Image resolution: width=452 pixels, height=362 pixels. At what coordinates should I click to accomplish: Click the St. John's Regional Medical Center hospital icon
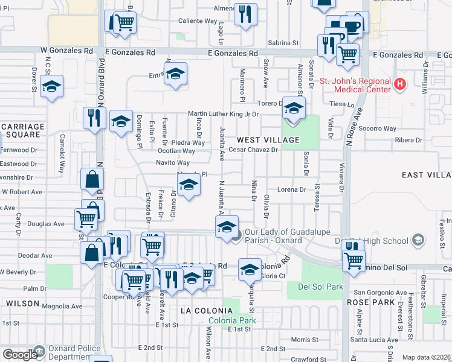tap(399, 84)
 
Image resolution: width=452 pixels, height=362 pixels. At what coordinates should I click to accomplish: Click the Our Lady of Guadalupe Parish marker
tap(237, 235)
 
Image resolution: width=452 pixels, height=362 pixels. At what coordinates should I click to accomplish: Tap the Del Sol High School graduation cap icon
tap(416, 241)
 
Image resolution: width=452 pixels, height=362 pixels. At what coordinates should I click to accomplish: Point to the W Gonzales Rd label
tap(67, 52)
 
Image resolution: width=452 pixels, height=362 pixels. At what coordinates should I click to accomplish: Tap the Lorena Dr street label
tap(292, 189)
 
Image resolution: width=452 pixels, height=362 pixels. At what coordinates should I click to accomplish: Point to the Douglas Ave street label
tap(50, 224)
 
